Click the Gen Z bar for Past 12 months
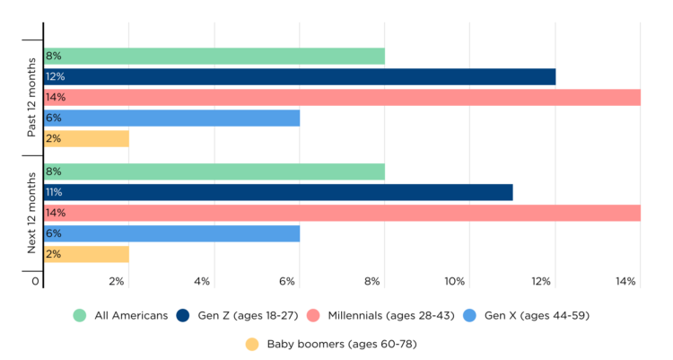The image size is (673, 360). (x=300, y=77)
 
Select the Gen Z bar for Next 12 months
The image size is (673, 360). (x=278, y=192)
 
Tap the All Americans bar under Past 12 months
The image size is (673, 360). (x=214, y=57)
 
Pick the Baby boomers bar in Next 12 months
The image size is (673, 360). (x=86, y=254)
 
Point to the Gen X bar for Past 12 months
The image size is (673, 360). (x=171, y=118)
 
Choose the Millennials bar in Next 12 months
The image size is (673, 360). (x=342, y=213)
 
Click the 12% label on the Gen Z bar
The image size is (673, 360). (x=55, y=77)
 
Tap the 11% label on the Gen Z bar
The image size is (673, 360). (x=54, y=192)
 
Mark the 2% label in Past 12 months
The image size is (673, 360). (x=53, y=138)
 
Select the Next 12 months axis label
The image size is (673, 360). (x=31, y=213)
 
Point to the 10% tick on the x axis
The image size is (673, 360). (x=454, y=282)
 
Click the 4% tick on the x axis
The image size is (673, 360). (x=201, y=282)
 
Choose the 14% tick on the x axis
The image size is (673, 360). (x=625, y=282)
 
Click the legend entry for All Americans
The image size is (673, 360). (x=120, y=315)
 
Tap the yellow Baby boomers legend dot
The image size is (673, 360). (x=251, y=343)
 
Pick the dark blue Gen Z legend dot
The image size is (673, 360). (x=183, y=315)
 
